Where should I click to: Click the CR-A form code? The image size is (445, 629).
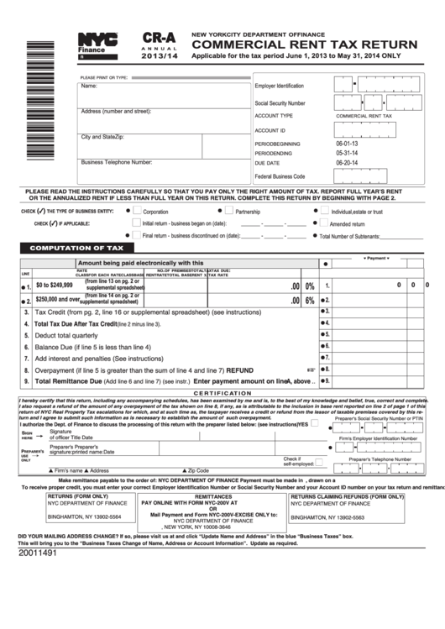tap(159, 38)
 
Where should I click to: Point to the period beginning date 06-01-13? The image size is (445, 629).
tap(347, 143)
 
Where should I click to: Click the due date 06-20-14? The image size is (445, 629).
tap(347, 163)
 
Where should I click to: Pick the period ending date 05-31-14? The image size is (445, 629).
tap(347, 153)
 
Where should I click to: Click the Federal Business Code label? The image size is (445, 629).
tap(280, 176)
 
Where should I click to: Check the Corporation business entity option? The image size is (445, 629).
tap(136, 212)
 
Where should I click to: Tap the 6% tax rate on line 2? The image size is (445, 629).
tap(310, 300)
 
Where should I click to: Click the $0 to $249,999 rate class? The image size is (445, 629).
tap(54, 286)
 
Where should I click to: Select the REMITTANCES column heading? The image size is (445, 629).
tap(219, 496)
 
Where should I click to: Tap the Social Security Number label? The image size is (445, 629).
tap(291, 102)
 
